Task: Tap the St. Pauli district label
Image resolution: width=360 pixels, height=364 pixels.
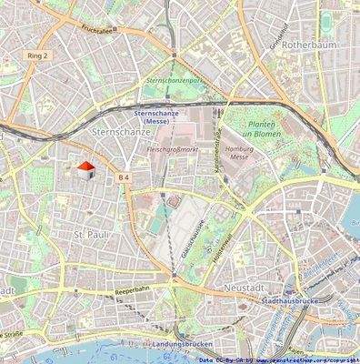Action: [x=90, y=235]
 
